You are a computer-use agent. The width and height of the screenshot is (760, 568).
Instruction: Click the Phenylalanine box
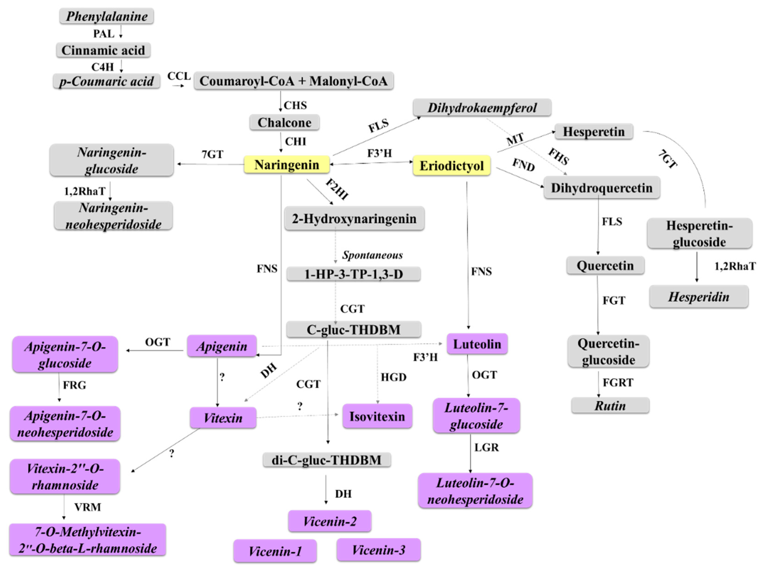[107, 16]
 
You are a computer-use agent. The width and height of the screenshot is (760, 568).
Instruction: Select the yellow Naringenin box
[286, 165]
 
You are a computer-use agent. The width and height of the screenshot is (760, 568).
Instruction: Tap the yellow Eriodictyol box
[451, 166]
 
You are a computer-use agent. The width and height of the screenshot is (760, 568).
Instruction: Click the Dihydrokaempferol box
[482, 108]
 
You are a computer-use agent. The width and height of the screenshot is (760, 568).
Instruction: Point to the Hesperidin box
[699, 297]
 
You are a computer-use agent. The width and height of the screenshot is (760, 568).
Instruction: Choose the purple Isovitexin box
[377, 416]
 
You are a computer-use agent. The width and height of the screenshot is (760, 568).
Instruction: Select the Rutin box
[610, 406]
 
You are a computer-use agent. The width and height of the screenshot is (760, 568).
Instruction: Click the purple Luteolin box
[477, 344]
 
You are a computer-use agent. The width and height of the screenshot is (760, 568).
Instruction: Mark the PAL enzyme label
[103, 34]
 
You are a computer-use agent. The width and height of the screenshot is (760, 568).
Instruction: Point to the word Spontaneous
[372, 255]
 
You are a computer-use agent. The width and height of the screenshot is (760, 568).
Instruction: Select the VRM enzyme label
[88, 507]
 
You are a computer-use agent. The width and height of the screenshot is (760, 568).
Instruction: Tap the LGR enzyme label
[486, 447]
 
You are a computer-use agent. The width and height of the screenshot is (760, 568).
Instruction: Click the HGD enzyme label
[393, 377]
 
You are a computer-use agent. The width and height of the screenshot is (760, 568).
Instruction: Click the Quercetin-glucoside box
[608, 352]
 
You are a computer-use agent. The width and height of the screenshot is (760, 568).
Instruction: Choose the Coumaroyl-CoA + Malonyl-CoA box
[293, 81]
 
